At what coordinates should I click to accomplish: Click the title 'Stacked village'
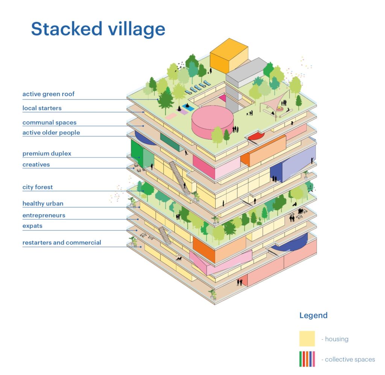[98, 29]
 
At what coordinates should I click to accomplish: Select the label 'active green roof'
[49, 94]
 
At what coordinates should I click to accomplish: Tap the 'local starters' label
[42, 108]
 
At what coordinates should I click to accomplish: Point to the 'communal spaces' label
[49, 122]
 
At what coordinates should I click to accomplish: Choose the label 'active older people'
[51, 133]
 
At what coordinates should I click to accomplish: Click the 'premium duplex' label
[47, 154]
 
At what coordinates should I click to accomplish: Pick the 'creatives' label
[36, 165]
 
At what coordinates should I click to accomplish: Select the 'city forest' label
[38, 187]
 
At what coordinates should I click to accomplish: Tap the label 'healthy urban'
[43, 204]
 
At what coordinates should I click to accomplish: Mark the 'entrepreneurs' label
[44, 215]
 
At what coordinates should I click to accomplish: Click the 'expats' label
[32, 226]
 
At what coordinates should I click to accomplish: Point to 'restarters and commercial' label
[62, 242]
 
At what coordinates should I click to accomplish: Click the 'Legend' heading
[313, 315]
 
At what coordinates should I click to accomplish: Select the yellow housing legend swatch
[307, 338]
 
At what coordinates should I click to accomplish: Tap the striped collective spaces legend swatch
[307, 359]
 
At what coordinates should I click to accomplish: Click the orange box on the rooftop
[229, 56]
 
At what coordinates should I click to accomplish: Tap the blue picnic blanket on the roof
[188, 107]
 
